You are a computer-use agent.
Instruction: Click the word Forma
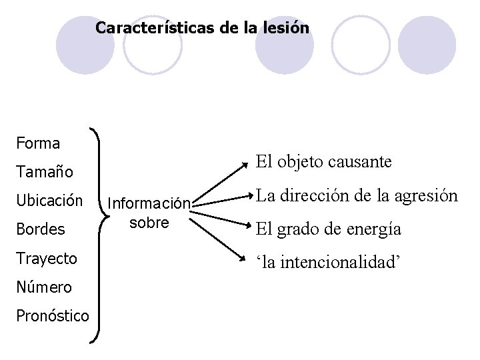[x=37, y=143]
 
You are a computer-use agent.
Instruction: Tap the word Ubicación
[x=50, y=201]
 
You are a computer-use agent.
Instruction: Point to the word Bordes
[x=41, y=229]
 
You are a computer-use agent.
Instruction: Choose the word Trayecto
[x=46, y=258]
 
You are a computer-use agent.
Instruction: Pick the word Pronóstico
[x=52, y=315]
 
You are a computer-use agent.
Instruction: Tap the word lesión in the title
[x=287, y=29]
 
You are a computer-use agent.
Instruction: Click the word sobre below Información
[x=149, y=222]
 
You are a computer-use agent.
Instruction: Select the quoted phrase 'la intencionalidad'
[x=328, y=261]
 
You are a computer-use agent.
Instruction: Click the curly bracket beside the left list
[x=99, y=233]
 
